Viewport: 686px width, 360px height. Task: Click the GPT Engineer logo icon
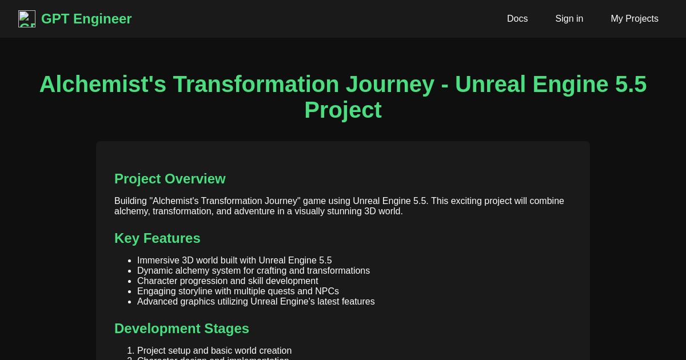(x=27, y=19)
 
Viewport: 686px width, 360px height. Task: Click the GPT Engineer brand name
(x=86, y=19)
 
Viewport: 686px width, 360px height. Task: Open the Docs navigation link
(x=517, y=19)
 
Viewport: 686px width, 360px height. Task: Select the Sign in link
(x=569, y=19)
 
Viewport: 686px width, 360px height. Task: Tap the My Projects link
(x=634, y=19)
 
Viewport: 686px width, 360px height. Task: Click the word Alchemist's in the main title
(x=102, y=85)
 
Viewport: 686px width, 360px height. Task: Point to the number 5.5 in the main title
(x=631, y=85)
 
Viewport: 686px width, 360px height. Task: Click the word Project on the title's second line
(x=342, y=110)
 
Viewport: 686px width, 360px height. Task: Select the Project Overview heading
(x=170, y=179)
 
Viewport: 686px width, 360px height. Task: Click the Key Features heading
(x=157, y=238)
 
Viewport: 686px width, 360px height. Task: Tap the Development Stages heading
(x=182, y=329)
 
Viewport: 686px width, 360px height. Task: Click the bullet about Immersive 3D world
(x=234, y=261)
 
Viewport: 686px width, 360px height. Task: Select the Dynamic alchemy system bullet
(x=253, y=271)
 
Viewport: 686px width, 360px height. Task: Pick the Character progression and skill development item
(x=228, y=281)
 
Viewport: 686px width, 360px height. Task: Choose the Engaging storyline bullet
(x=238, y=291)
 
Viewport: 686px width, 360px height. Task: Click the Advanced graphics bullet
(x=256, y=302)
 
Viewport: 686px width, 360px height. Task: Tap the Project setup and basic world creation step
(x=214, y=351)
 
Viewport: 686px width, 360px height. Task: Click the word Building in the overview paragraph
(x=130, y=201)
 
